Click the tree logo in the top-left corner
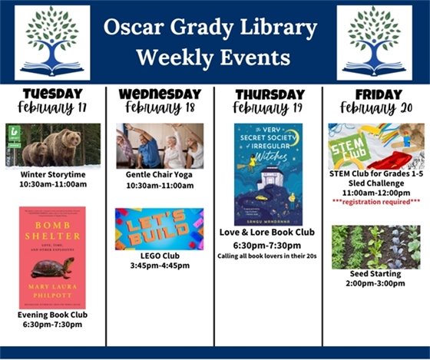tap(51, 42)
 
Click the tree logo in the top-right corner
tap(374, 42)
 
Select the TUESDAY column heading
tap(52, 94)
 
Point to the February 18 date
tap(159, 108)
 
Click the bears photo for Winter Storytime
tap(53, 145)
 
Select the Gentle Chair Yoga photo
tap(160, 145)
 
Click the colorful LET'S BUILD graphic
tap(160, 229)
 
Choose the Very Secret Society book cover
tap(268, 174)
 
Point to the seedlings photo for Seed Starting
tap(375, 246)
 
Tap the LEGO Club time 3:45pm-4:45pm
tap(160, 266)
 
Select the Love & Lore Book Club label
tap(268, 233)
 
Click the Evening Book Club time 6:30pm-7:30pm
tap(53, 325)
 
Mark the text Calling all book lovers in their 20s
tap(268, 256)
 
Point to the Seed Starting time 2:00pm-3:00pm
tap(375, 283)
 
